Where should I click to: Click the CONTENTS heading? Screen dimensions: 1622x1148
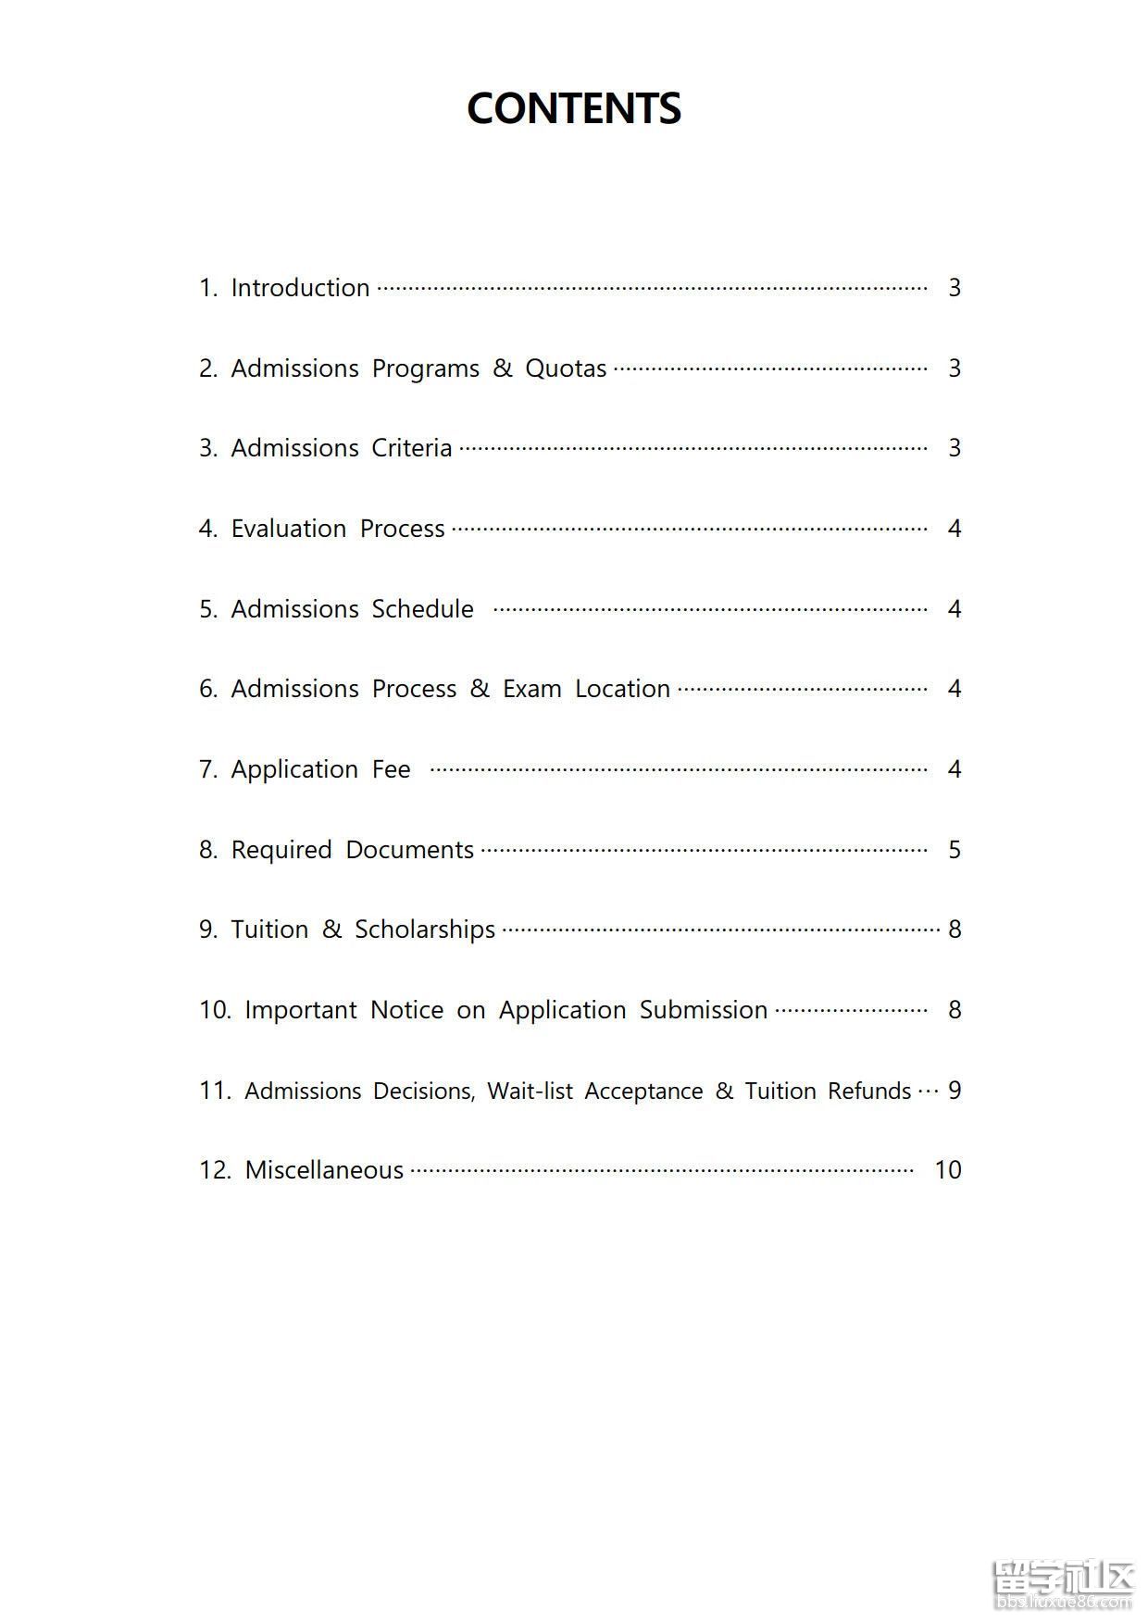point(574,108)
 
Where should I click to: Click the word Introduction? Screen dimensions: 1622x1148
point(300,288)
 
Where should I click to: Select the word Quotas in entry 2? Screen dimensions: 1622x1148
point(566,368)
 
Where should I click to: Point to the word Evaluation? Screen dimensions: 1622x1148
point(289,529)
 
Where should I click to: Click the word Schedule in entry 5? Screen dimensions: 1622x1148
point(422,609)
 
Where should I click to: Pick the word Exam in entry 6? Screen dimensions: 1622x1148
point(532,689)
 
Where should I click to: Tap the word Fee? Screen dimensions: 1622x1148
point(391,769)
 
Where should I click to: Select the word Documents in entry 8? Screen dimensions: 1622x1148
point(409,850)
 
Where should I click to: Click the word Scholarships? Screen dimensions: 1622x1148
point(425,930)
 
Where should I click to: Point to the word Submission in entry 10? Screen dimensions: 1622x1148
point(704,1010)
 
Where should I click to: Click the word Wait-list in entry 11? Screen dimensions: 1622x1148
point(530,1091)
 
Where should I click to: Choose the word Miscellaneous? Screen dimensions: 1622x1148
point(324,1170)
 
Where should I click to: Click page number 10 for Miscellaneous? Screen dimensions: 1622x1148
point(948,1170)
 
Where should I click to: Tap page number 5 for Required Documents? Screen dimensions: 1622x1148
point(955,850)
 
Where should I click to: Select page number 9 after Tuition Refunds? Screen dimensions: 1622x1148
point(955,1091)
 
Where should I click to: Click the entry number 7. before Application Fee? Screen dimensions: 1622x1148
point(208,769)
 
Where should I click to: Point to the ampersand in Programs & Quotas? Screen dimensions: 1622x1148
point(503,368)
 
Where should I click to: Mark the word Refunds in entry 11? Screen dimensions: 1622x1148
point(869,1091)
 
